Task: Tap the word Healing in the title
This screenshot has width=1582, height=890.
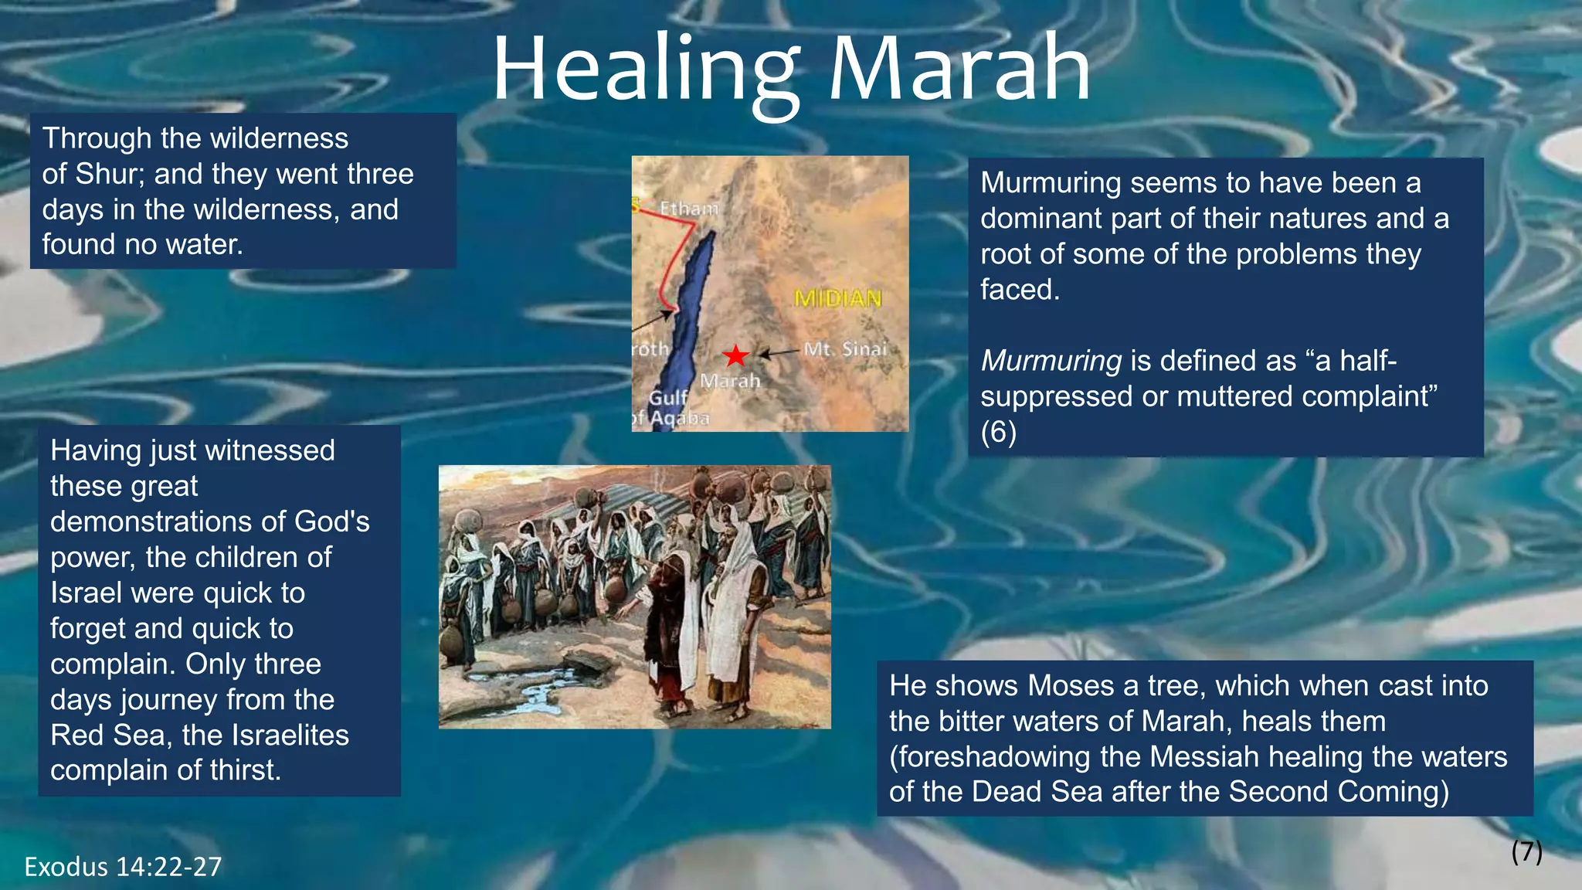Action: (646, 71)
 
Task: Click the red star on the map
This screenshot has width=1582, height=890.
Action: (735, 356)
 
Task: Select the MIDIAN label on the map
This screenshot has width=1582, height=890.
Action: (838, 298)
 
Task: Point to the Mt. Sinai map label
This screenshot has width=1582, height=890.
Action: (846, 349)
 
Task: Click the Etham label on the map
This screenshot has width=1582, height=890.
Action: (689, 209)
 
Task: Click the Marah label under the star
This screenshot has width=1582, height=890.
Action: (730, 381)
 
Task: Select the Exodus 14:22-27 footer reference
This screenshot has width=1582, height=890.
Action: (123, 867)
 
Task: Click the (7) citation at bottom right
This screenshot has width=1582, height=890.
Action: (1526, 851)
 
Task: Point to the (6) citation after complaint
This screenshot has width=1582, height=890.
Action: (998, 432)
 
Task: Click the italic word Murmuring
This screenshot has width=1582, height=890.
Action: (1051, 361)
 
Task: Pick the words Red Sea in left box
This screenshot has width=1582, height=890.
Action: (109, 735)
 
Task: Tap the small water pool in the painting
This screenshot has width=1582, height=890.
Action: (541, 691)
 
